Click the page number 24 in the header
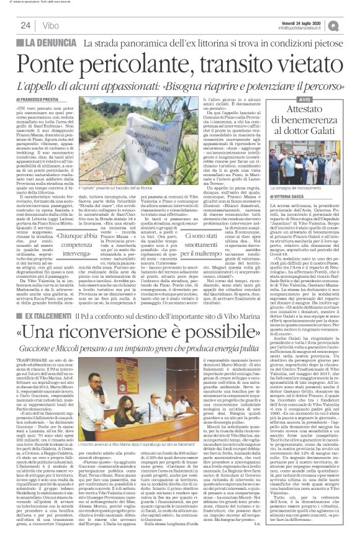(27, 25)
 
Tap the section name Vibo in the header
(52, 25)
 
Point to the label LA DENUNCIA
(53, 43)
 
